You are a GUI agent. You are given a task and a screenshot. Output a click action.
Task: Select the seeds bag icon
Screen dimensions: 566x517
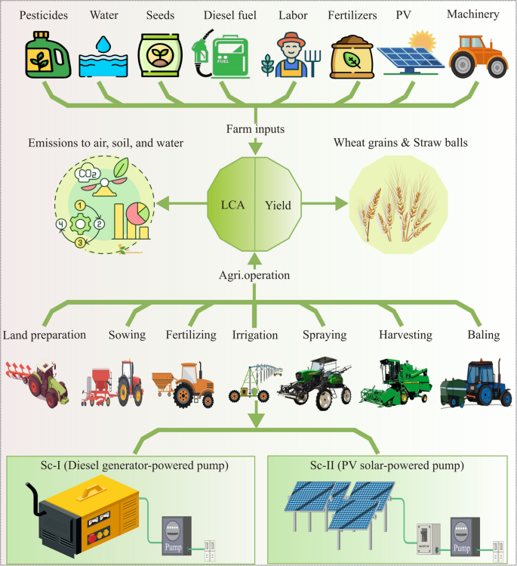158,56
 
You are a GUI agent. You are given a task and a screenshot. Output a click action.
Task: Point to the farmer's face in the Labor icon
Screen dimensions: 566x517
291,47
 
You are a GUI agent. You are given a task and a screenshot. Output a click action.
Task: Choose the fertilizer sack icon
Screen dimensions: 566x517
352,57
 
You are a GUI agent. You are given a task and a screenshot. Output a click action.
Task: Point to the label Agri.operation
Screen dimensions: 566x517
257,275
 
